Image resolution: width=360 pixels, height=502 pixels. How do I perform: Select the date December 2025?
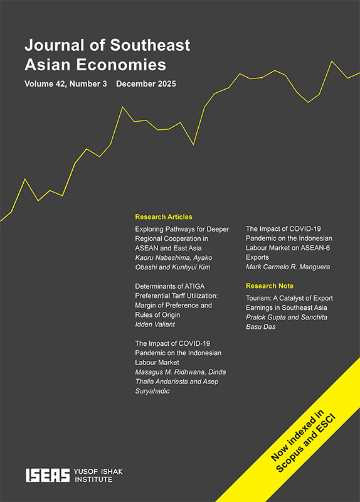(x=146, y=83)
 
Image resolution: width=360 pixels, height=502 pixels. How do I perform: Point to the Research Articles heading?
(x=164, y=216)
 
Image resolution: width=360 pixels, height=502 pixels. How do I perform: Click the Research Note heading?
(x=270, y=286)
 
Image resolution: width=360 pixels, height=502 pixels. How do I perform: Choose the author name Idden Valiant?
(x=154, y=324)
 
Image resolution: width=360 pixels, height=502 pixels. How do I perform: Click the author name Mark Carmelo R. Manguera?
(x=287, y=267)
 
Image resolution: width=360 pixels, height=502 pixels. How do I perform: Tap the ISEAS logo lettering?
(x=45, y=475)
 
